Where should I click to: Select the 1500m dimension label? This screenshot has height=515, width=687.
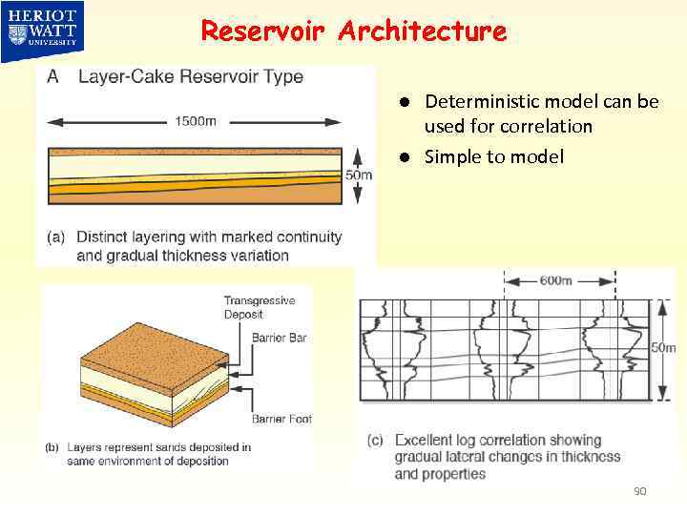[x=195, y=121]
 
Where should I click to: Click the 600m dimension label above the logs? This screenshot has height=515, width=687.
[x=556, y=280]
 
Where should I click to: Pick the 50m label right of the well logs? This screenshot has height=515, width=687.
[x=663, y=348]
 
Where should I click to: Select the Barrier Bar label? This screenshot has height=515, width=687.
[x=279, y=338]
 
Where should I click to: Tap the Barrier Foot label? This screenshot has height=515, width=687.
[x=281, y=419]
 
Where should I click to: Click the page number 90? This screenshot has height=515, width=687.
[x=639, y=491]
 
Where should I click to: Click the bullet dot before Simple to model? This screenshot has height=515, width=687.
[x=405, y=157]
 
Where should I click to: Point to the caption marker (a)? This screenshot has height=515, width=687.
[x=56, y=237]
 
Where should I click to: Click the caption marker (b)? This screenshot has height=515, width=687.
[x=53, y=446]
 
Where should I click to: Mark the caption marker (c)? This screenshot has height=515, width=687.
[x=375, y=441]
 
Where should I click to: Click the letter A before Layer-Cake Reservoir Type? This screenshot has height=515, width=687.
[x=53, y=77]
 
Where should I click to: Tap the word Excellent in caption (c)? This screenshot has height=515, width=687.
[x=427, y=441]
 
